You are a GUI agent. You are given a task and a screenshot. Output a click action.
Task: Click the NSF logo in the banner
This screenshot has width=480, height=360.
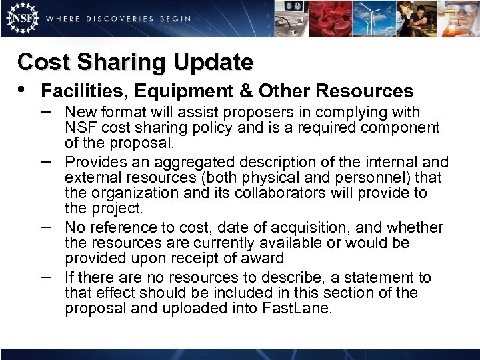click(x=21, y=19)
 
